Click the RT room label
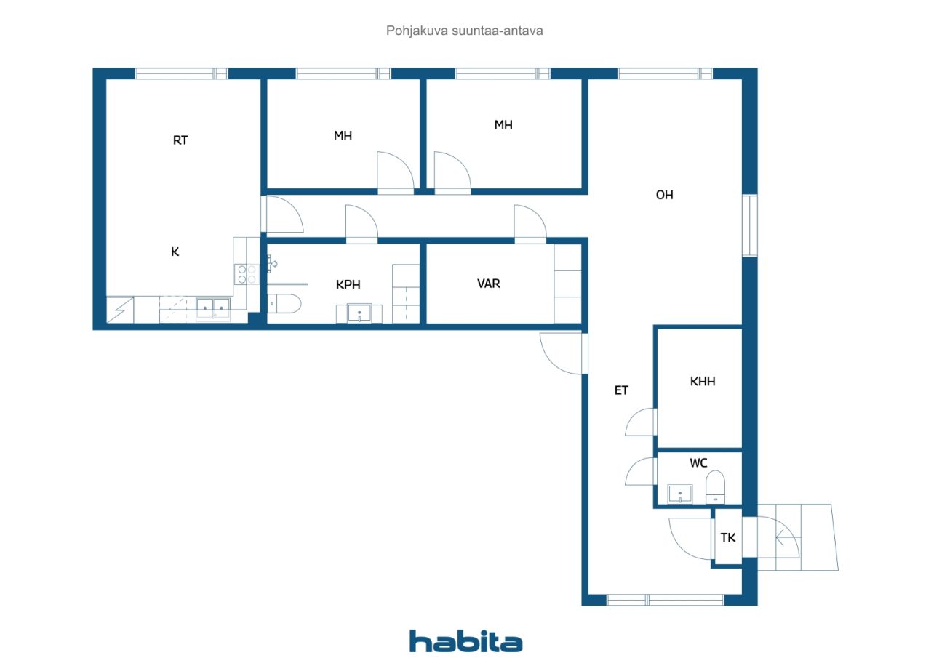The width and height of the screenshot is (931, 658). pyautogui.click(x=180, y=140)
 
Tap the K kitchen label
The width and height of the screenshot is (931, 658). pyautogui.click(x=175, y=252)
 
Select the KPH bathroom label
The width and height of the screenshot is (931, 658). pyautogui.click(x=348, y=284)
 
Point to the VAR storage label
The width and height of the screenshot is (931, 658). pyautogui.click(x=488, y=284)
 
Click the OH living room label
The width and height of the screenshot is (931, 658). pyautogui.click(x=664, y=195)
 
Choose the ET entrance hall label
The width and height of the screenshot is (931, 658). pyautogui.click(x=621, y=390)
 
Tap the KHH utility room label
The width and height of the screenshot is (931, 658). pyautogui.click(x=703, y=381)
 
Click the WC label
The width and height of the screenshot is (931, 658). pyautogui.click(x=698, y=462)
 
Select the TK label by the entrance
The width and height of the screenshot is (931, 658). pyautogui.click(x=728, y=537)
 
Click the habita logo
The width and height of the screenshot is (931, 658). pyautogui.click(x=465, y=641)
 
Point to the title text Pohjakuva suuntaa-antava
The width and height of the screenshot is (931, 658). pyautogui.click(x=464, y=31)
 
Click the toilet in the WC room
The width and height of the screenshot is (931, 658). pyautogui.click(x=715, y=487)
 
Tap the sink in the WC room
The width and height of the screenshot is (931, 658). pyautogui.click(x=680, y=494)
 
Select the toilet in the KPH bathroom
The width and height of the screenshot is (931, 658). pyautogui.click(x=284, y=304)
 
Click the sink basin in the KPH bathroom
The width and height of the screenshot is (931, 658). pyautogui.click(x=359, y=313)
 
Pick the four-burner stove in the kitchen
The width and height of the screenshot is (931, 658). pyautogui.click(x=247, y=275)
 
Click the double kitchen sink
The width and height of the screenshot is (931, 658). pyautogui.click(x=213, y=308)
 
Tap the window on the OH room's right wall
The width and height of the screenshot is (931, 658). pyautogui.click(x=750, y=225)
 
